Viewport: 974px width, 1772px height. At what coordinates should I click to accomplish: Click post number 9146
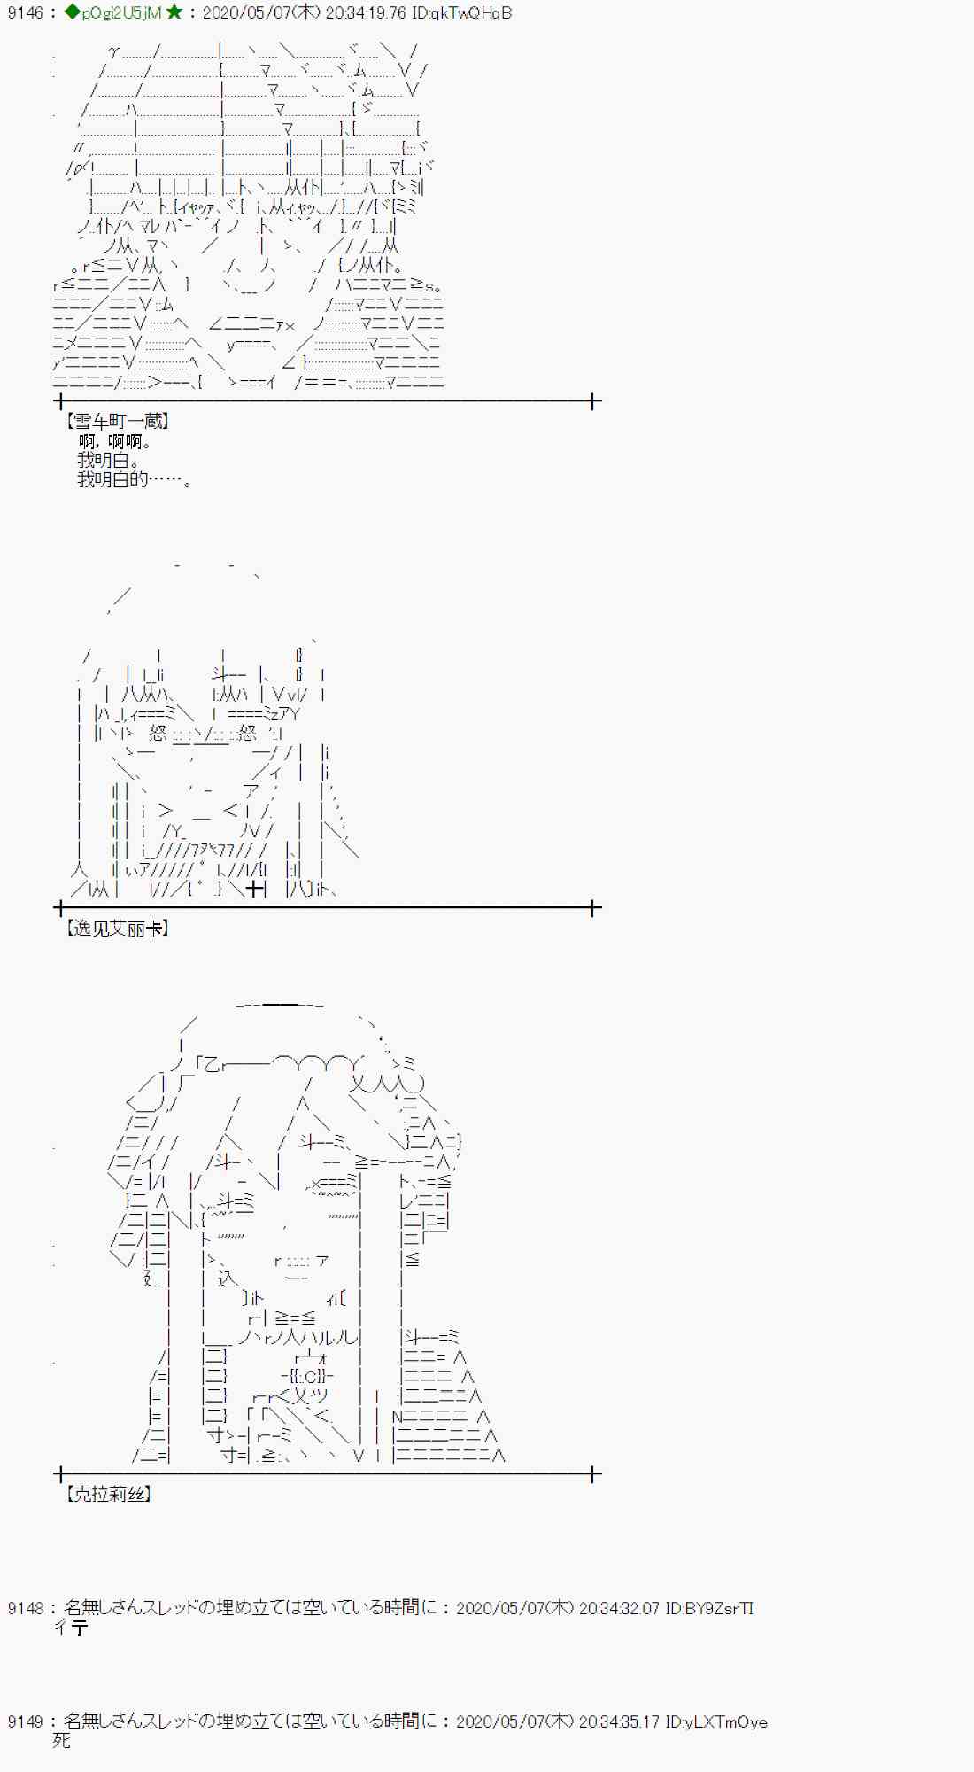pyautogui.click(x=25, y=13)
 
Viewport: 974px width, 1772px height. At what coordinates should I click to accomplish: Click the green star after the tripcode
pyautogui.click(x=174, y=12)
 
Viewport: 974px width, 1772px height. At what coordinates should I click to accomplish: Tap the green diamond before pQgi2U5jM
pyautogui.click(x=73, y=12)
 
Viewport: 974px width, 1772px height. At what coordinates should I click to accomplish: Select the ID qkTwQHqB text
pyautogui.click(x=461, y=13)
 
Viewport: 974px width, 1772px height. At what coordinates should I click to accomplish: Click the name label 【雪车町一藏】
pyautogui.click(x=117, y=422)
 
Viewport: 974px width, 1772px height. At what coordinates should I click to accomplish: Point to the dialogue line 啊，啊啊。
pyautogui.click(x=115, y=441)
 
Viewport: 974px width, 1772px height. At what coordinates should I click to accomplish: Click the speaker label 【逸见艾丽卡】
pyautogui.click(x=117, y=929)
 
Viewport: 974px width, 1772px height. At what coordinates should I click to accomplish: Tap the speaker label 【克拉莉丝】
pyautogui.click(x=108, y=1495)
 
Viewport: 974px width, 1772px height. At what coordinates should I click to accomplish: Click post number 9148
pyautogui.click(x=25, y=1608)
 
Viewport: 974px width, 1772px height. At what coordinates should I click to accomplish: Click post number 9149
pyautogui.click(x=25, y=1721)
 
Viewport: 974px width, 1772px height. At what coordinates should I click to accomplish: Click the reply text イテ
pyautogui.click(x=71, y=1628)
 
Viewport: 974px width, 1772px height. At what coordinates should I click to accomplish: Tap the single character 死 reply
pyautogui.click(x=61, y=1741)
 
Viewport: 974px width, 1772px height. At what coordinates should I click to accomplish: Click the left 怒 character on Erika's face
pyautogui.click(x=158, y=733)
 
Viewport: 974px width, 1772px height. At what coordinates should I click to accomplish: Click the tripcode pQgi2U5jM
pyautogui.click(x=121, y=13)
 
